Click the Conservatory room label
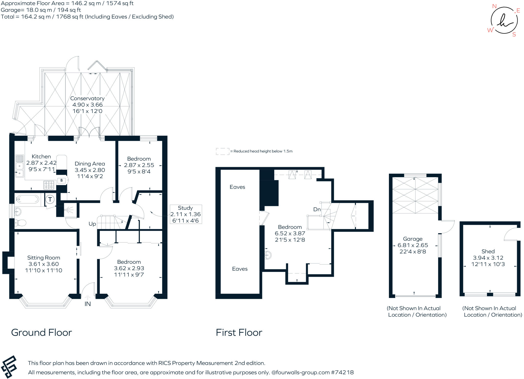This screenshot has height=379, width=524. tap(87, 98)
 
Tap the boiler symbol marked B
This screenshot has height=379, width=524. tap(61, 181)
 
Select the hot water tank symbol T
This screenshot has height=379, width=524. tap(50, 199)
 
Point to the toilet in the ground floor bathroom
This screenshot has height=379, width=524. tap(20, 223)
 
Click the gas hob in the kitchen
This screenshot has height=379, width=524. tap(49, 185)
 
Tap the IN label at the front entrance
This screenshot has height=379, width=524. tap(88, 304)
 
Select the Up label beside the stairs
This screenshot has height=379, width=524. tap(92, 224)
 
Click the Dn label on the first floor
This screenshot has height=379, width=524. tap(317, 209)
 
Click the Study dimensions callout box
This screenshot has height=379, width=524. tap(186, 214)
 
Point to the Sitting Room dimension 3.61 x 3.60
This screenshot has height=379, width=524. tap(43, 264)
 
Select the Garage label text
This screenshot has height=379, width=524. tap(412, 239)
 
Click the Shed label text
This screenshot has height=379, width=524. tap(488, 251)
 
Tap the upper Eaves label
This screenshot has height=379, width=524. tap(237, 187)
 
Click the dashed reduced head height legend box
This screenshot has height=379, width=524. tap(222, 151)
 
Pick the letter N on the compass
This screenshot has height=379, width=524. tap(494, 6)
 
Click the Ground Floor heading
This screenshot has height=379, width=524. tap(41, 332)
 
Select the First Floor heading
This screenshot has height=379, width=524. tap(239, 332)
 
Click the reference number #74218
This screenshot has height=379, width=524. tap(342, 372)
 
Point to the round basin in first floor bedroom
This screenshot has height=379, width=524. tap(268, 255)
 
